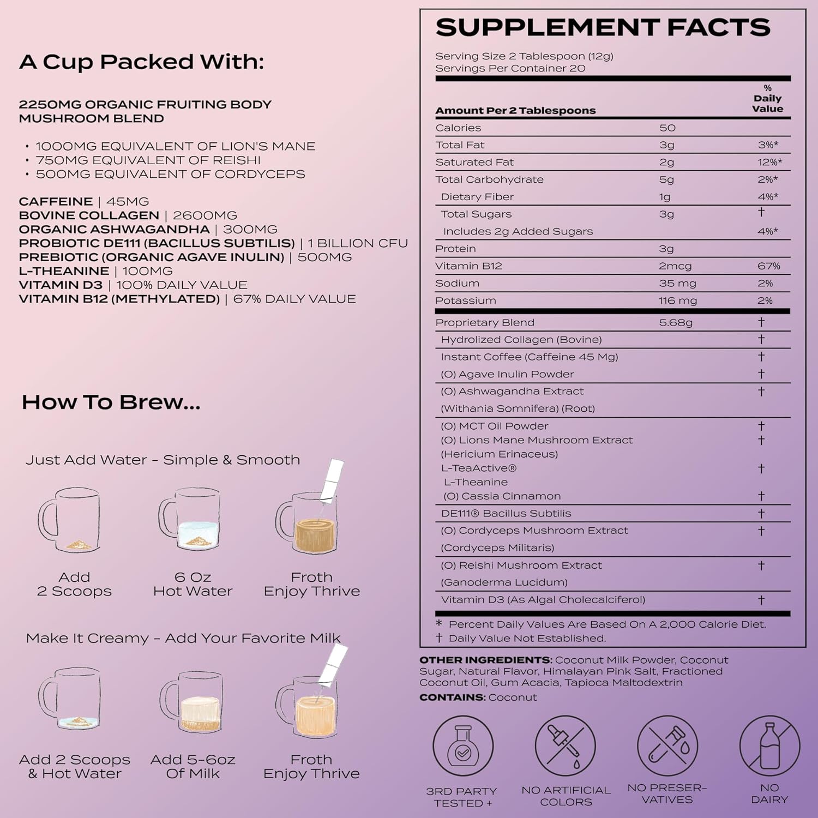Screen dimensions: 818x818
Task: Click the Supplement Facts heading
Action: [603, 27]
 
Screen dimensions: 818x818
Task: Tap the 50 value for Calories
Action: [667, 128]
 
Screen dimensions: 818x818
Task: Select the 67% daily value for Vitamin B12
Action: [768, 266]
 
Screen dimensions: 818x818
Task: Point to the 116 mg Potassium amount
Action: [677, 300]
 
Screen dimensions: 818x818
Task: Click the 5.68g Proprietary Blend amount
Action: [675, 322]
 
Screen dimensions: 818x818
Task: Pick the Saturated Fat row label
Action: [474, 162]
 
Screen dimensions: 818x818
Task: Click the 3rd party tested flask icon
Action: [462, 747]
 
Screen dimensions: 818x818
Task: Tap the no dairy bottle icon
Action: [769, 747]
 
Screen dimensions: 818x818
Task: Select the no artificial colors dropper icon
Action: [565, 747]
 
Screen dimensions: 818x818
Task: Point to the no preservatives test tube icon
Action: [667, 747]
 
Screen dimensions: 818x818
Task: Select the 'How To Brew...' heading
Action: [111, 402]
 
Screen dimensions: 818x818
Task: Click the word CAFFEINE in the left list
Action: [56, 201]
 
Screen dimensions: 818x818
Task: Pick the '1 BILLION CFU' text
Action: [358, 243]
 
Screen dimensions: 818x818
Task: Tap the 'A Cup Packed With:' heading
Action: [141, 62]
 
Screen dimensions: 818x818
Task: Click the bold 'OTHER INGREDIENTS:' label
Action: [485, 660]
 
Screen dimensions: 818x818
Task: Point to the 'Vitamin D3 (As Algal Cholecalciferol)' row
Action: [543, 600]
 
